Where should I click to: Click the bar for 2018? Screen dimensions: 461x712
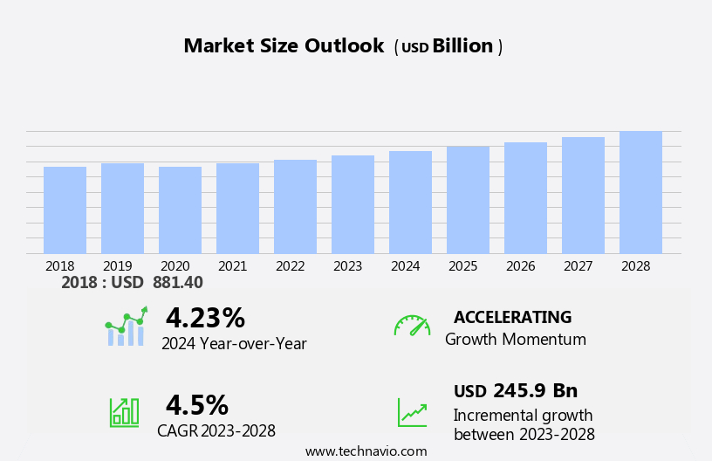65,210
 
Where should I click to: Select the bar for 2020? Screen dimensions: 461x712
180,210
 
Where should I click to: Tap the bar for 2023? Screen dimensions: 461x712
353,205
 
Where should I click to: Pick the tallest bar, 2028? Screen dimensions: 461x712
640,193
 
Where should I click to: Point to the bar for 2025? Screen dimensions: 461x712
468,200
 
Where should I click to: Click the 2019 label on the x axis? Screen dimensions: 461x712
118,266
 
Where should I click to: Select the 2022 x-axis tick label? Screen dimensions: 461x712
291,266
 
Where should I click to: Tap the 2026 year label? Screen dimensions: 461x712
521,266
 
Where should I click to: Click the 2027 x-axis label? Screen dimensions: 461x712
578,266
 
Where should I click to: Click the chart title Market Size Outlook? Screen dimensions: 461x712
284,46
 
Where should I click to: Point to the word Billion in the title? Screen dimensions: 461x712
462,46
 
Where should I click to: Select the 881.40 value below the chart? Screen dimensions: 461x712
178,283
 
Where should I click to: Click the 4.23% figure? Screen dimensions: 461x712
205,318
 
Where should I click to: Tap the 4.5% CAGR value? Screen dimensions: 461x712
197,405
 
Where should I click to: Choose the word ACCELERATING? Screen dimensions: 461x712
512,317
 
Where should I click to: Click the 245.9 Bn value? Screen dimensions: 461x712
535,391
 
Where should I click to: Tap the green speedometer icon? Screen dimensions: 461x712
412,326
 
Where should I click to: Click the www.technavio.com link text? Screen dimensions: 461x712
366,451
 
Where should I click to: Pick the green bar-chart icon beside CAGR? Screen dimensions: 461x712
124,411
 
